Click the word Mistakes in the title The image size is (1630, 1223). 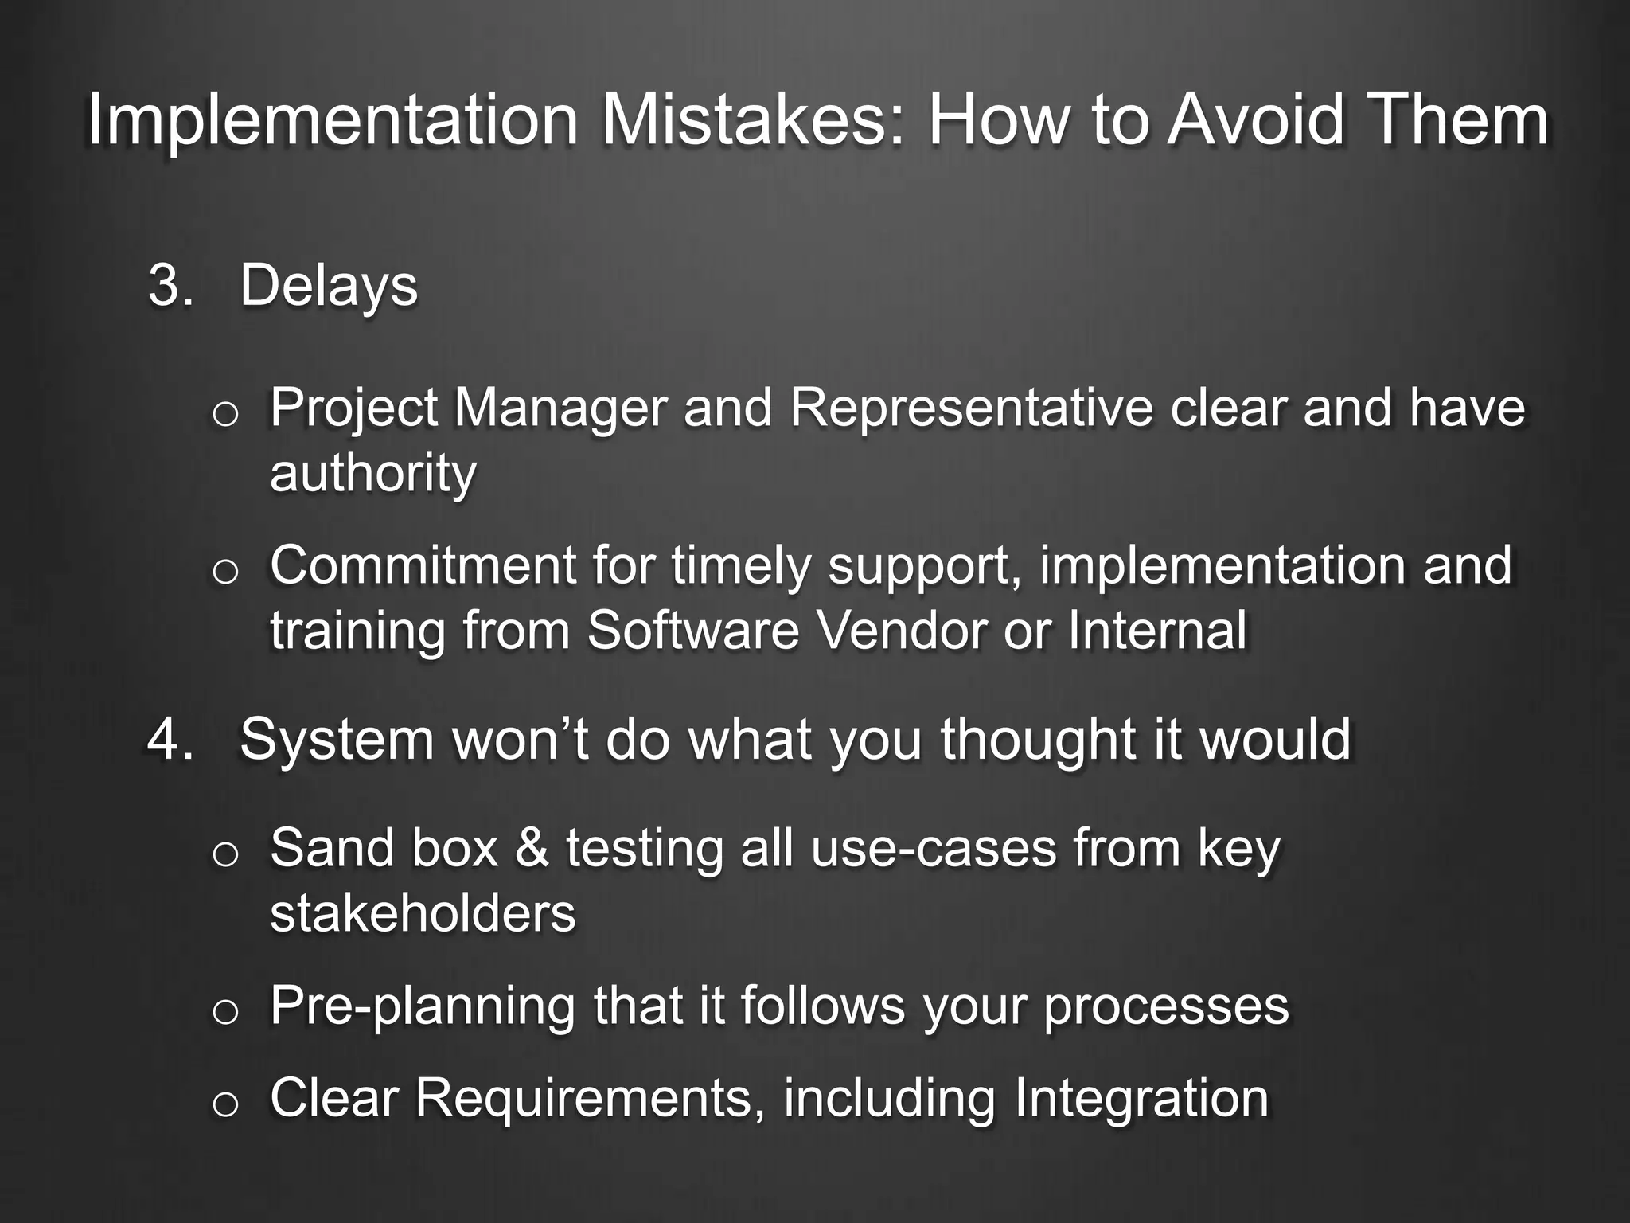click(x=751, y=121)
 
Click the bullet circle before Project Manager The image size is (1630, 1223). click(x=226, y=415)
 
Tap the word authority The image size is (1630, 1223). click(x=373, y=473)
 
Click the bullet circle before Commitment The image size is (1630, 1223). click(x=226, y=572)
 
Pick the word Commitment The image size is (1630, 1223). click(x=422, y=565)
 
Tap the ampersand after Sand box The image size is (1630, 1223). click(x=532, y=848)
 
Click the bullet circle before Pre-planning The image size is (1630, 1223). click(x=226, y=1013)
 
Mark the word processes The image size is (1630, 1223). click(x=1165, y=1006)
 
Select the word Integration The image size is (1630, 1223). click(x=1141, y=1100)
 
